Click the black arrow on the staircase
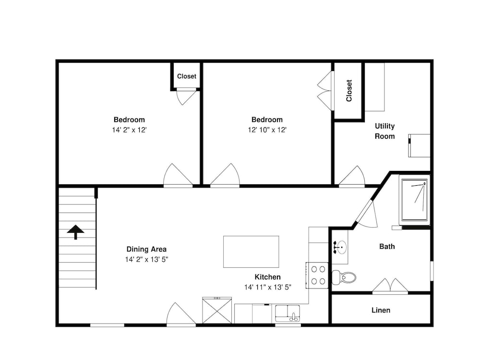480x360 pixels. tap(75, 232)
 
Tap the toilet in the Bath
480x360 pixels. tap(344, 277)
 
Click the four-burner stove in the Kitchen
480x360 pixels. tap(318, 275)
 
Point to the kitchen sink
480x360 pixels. tap(288, 313)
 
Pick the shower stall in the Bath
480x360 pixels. tap(415, 200)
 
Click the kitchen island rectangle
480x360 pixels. tap(251, 252)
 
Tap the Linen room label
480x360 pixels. tap(381, 310)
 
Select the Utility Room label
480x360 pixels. tap(385, 131)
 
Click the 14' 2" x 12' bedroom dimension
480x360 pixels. tap(129, 130)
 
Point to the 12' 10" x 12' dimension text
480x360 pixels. tap(267, 130)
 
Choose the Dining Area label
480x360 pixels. tap(146, 249)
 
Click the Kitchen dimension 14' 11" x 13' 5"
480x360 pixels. tap(267, 287)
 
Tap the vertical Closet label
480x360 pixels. tap(349, 91)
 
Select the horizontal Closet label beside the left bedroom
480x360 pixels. tap(186, 76)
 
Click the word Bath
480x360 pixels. tap(387, 246)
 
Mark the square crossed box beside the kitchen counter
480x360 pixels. tap(217, 310)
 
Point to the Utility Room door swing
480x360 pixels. tap(352, 176)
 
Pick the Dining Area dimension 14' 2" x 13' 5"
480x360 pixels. tap(146, 260)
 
